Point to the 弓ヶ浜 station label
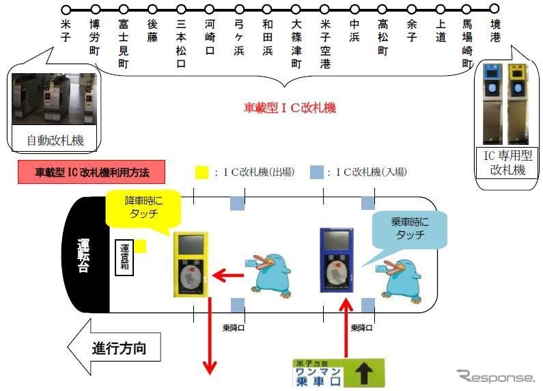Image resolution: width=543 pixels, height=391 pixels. (x=239, y=36)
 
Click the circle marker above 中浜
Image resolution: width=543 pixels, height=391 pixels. (x=354, y=10)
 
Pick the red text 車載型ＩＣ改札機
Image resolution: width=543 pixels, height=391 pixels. (x=290, y=108)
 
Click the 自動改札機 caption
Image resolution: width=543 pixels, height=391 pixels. (x=55, y=141)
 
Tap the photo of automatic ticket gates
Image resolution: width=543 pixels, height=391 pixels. (x=54, y=98)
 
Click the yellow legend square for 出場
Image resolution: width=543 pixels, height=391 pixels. (x=201, y=172)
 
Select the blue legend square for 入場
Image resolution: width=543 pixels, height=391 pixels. (x=316, y=172)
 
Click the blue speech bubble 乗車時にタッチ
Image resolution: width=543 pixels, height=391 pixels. (x=408, y=229)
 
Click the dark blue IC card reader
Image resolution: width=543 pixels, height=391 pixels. (x=337, y=260)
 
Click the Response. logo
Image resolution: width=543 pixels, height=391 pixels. (x=496, y=376)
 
